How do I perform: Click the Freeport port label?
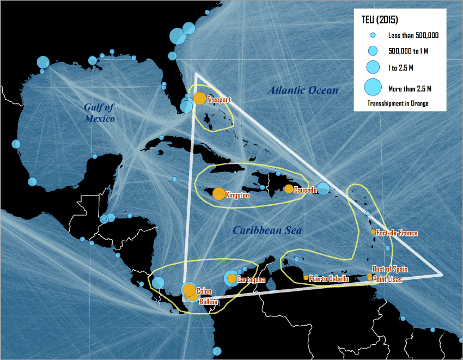pos(219,100)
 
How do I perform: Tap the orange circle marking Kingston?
pos(218,193)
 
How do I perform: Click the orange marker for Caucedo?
pos(289,189)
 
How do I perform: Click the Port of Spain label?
pos(390,269)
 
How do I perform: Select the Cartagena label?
pos(251,280)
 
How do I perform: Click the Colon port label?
pos(204,291)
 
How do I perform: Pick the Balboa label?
pos(209,301)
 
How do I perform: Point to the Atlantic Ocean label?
pos(303,90)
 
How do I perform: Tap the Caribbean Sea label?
pos(267,231)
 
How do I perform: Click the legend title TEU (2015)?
pos(380,20)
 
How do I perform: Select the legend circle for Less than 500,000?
pos(373,35)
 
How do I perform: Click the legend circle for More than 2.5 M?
pos(373,87)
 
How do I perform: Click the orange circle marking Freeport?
pos(200,99)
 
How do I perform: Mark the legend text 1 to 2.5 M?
pos(400,68)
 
